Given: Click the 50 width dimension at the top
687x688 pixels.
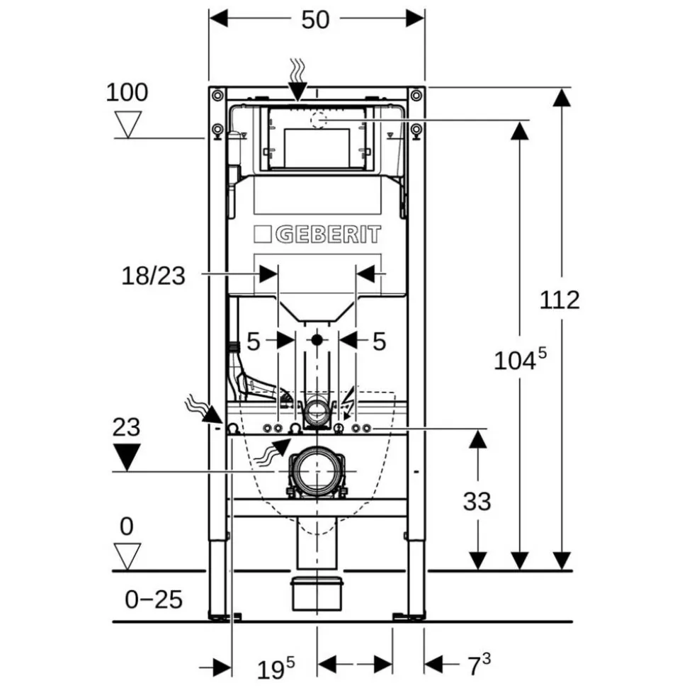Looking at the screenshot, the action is [x=315, y=20].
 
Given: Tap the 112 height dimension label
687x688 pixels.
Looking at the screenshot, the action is [x=560, y=300].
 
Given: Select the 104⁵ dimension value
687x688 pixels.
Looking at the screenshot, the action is [x=521, y=359].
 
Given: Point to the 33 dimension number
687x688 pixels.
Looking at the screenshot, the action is [x=477, y=501].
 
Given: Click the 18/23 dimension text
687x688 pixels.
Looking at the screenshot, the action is [x=153, y=276].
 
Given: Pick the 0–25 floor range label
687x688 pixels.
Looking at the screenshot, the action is [x=154, y=599].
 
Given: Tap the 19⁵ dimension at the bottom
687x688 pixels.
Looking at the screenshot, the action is [x=276, y=668].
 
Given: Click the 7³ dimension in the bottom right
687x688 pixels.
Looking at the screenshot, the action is [x=479, y=665].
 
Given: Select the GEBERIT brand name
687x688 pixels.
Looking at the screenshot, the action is [x=328, y=235].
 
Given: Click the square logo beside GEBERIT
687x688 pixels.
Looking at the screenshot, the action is [x=262, y=235].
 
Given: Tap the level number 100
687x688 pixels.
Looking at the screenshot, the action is [x=127, y=93].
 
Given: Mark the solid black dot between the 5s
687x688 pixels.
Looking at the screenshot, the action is [x=317, y=339].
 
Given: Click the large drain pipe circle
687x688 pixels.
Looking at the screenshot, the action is [x=317, y=470].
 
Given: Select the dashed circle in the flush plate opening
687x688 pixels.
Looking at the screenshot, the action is [x=319, y=119].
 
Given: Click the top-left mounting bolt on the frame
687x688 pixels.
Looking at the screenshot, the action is [x=217, y=95].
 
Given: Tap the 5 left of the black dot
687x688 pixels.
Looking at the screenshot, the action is [x=253, y=342].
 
